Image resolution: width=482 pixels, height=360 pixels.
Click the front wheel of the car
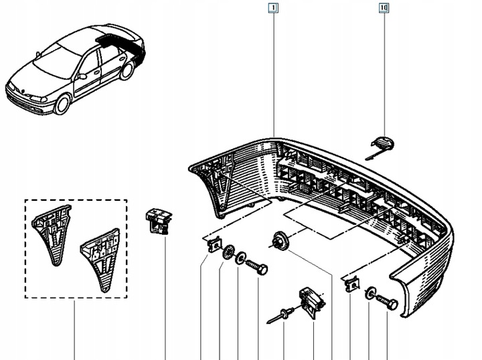62,103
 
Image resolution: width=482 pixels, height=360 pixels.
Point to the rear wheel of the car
127,70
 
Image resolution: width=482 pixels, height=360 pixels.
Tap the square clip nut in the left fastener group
214,245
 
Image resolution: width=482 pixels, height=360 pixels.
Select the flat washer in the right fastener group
370,294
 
